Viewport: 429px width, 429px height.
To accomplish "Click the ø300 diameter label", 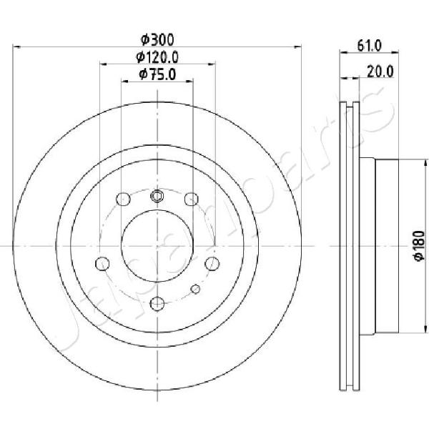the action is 157,40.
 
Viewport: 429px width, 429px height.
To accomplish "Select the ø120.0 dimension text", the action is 157,57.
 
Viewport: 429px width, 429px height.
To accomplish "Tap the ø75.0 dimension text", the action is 157,74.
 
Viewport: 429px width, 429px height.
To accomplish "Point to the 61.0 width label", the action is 369,46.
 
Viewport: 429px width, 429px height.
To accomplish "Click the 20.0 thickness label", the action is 380,71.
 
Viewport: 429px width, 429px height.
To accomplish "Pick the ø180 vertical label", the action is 419,245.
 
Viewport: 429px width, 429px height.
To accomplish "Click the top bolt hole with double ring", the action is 157,196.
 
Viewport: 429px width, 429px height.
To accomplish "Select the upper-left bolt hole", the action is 123,199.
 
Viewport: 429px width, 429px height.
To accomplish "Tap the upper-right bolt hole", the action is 191,199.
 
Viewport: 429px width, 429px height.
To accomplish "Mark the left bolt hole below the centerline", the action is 102,263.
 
